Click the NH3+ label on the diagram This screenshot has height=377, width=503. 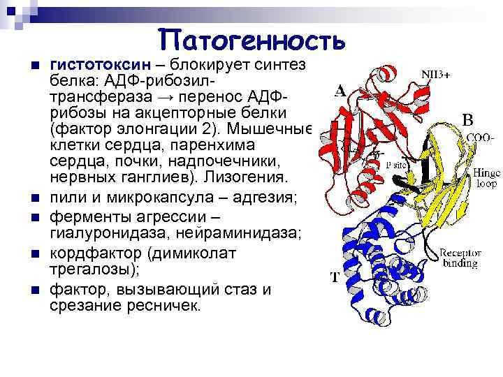[x=435, y=74]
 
